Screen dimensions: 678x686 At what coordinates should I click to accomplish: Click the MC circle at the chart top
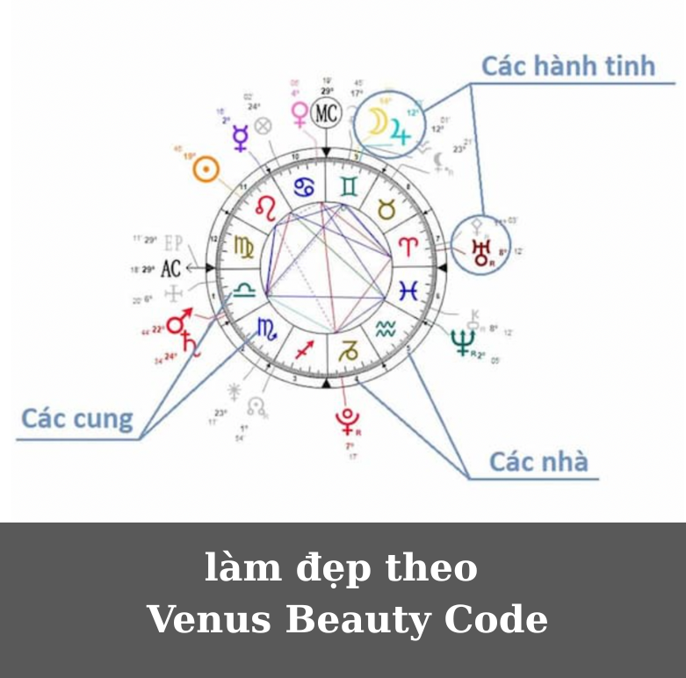(x=326, y=113)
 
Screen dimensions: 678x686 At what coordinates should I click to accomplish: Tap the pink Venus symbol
(x=300, y=112)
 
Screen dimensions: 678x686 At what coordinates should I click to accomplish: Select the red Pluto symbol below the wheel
(x=347, y=421)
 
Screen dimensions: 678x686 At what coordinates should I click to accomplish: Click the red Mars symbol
(x=179, y=322)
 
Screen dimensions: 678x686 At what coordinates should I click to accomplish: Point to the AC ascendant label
(x=170, y=268)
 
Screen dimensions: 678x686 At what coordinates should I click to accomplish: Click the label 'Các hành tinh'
(x=568, y=66)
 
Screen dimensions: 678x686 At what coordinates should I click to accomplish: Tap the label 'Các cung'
(x=77, y=418)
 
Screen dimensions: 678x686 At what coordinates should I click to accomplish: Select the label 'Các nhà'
(x=538, y=461)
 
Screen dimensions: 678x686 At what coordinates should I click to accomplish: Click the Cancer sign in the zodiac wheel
(x=304, y=186)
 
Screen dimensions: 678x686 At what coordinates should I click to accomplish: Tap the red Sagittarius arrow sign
(x=304, y=348)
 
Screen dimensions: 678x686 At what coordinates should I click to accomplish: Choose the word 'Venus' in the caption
(x=210, y=619)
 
